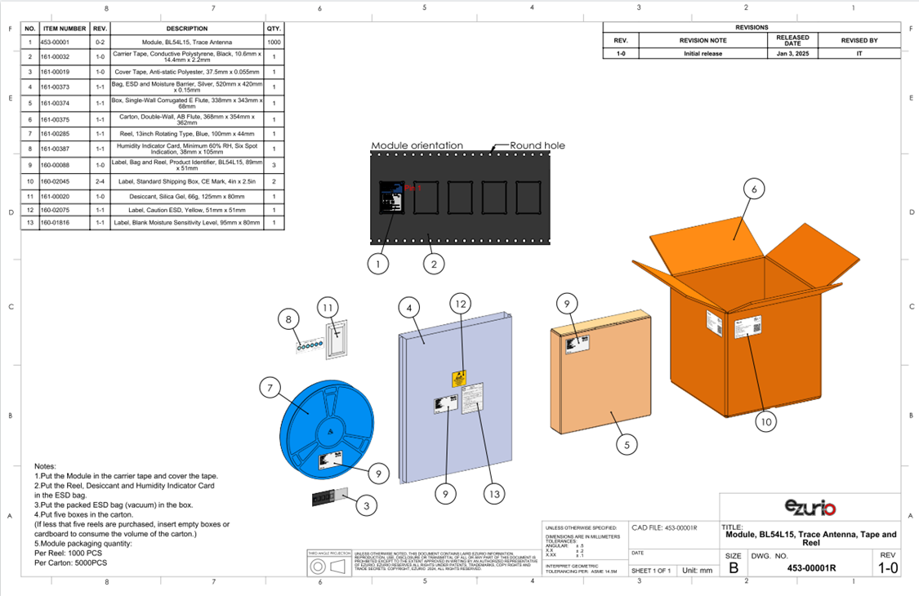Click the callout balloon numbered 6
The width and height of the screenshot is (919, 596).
click(754, 189)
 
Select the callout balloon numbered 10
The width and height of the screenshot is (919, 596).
click(765, 421)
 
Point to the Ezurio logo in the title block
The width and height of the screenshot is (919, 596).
click(810, 508)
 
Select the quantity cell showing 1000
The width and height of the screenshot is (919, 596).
click(274, 42)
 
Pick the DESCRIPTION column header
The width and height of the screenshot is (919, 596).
click(186, 29)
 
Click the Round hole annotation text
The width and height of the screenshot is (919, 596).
click(538, 145)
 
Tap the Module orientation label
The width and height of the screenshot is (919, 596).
click(417, 145)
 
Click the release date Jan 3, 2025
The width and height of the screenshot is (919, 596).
click(792, 54)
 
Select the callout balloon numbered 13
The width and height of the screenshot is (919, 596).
click(493, 493)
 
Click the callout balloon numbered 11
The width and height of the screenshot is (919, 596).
click(328, 308)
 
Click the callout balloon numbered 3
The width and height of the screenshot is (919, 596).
click(367, 506)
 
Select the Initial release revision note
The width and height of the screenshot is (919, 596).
click(703, 54)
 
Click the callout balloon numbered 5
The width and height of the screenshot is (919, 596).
click(627, 445)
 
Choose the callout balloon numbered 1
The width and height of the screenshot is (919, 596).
click(377, 264)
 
